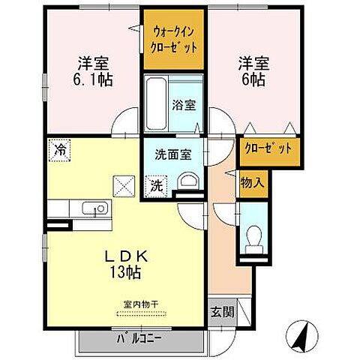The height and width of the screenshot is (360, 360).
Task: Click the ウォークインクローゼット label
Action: click(175, 40)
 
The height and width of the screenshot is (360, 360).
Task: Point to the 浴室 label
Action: click(184, 105)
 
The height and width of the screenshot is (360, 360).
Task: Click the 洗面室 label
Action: click(173, 154)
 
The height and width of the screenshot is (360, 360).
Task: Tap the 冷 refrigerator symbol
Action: click(58, 149)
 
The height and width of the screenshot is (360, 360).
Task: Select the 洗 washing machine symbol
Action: click(157, 183)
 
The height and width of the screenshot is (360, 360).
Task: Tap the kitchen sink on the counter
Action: click(91, 209)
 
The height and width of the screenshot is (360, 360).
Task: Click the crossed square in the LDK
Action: click(122, 184)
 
